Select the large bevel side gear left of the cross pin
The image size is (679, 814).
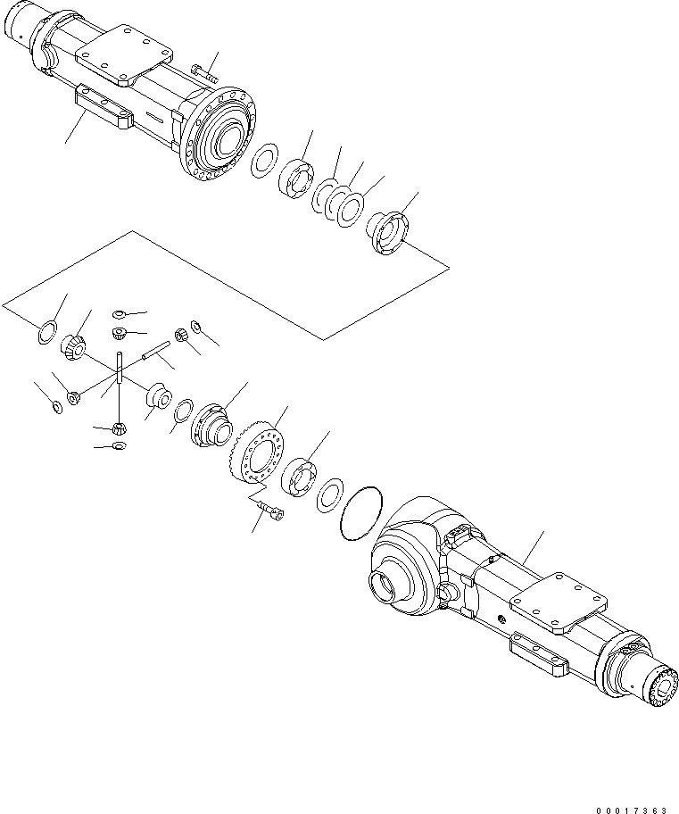(73, 344)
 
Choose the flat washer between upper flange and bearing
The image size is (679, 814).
(263, 162)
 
